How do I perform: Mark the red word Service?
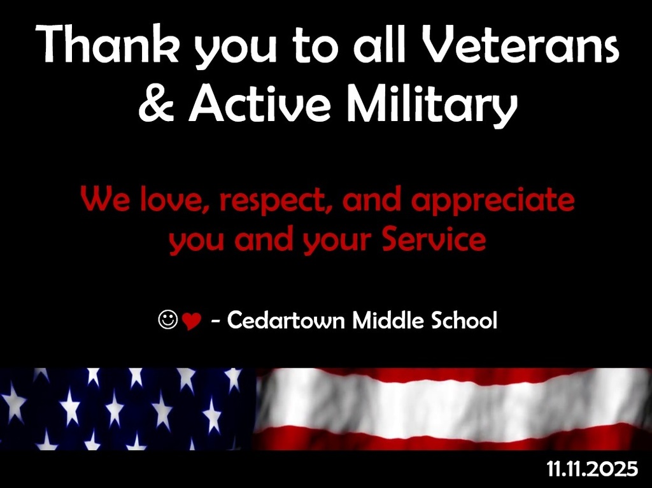[434, 240]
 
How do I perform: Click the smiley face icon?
[167, 320]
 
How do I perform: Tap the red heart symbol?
[191, 322]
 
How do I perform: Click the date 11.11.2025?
[592, 470]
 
